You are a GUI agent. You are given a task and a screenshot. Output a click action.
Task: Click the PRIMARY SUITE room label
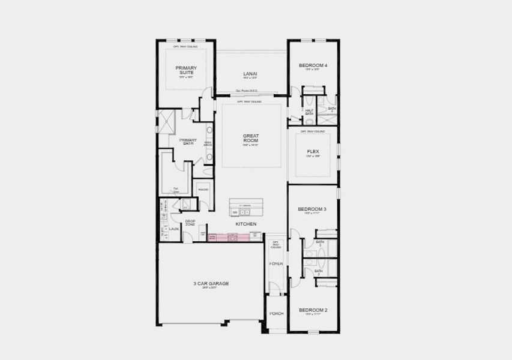pyautogui.click(x=186, y=70)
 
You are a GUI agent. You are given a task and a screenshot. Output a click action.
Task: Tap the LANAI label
pyautogui.click(x=250, y=73)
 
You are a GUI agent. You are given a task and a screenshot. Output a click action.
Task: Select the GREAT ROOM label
pyautogui.click(x=250, y=138)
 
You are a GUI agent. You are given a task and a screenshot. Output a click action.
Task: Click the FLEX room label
pyautogui.click(x=313, y=152)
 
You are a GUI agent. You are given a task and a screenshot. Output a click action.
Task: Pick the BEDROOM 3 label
pyautogui.click(x=312, y=209)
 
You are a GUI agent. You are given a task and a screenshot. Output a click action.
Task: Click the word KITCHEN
pyautogui.click(x=246, y=224)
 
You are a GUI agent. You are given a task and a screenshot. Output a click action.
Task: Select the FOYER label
pyautogui.click(x=276, y=263)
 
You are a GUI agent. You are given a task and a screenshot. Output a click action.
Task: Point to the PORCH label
pyautogui.click(x=276, y=313)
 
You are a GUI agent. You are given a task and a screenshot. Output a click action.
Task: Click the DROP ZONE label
pyautogui.click(x=190, y=223)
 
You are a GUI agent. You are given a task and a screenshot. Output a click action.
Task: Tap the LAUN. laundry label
pyautogui.click(x=173, y=229)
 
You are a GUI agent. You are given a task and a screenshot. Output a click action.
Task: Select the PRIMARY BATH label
pyautogui.click(x=187, y=142)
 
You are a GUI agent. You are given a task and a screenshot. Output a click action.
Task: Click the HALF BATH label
pyautogui.click(x=309, y=112)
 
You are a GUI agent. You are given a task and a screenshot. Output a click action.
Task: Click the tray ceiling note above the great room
pyautogui.click(x=249, y=101)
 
